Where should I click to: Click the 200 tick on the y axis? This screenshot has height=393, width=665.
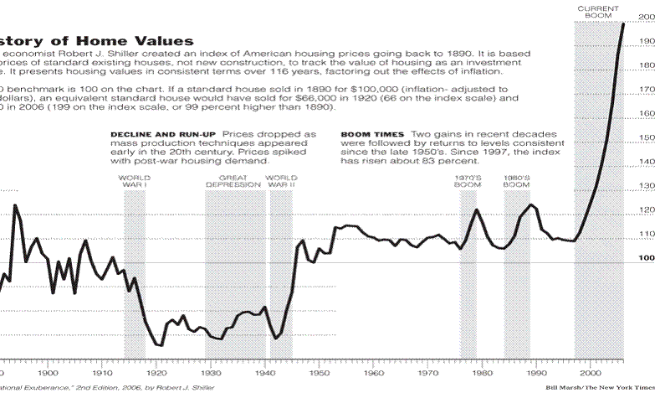(647, 17)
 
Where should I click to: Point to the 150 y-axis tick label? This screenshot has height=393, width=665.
(647, 137)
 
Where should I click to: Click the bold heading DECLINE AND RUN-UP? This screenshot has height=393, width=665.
(163, 134)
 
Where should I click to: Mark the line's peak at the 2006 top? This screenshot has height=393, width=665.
(623, 23)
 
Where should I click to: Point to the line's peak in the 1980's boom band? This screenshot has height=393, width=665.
(529, 204)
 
